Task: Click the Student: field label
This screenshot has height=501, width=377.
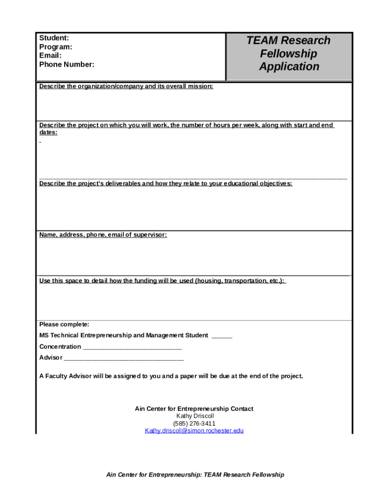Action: pos(54,38)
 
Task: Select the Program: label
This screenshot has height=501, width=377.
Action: pos(55,47)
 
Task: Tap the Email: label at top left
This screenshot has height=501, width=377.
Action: pos(50,56)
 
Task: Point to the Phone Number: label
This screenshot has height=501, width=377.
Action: pos(67,65)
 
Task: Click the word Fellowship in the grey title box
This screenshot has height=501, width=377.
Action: pos(288,53)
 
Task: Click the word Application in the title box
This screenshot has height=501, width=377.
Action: pos(289,67)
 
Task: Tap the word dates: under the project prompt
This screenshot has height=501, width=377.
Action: pos(48,133)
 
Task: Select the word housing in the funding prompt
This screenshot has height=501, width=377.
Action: pos(208,281)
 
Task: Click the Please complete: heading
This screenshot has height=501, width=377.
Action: pos(64,324)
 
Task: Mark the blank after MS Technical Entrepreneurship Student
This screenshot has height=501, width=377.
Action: pos(222,336)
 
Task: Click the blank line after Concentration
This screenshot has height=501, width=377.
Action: pos(132,347)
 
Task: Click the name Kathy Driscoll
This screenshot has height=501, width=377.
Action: pos(195,416)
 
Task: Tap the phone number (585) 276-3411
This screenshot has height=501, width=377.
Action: pos(194,423)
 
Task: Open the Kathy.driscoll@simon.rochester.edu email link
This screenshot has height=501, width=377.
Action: pos(194,431)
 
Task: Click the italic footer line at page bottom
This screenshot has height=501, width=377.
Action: pos(195,475)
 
